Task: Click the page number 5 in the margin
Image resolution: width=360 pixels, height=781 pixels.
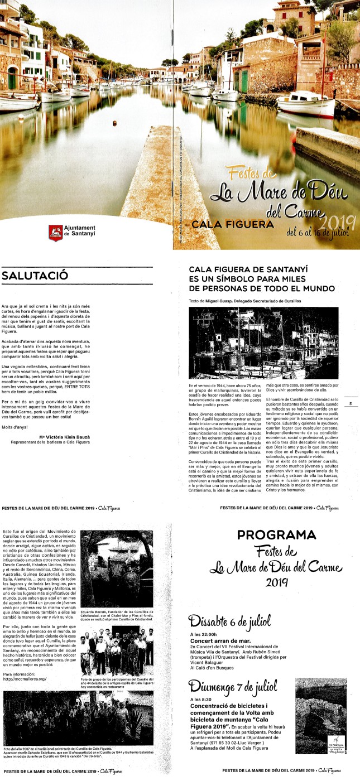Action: click(x=349, y=403)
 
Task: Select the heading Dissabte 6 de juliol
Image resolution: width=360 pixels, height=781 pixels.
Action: click(x=229, y=620)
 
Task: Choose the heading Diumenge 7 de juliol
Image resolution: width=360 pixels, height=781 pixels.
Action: click(x=232, y=685)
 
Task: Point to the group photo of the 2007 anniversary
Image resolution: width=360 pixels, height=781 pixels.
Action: click(x=78, y=717)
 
